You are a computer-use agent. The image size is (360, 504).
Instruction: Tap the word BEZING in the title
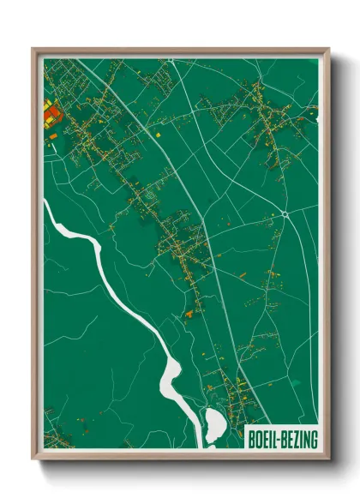point(300,440)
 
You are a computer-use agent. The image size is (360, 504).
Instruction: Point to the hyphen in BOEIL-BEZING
point(280,441)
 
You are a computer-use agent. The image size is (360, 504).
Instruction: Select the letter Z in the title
point(297,440)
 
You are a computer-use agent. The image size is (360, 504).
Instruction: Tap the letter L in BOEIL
point(276,440)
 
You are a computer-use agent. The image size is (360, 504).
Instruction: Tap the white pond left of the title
point(214,424)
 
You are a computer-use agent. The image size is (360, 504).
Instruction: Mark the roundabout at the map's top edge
point(171,60)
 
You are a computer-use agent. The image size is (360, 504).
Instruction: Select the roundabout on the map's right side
point(285,213)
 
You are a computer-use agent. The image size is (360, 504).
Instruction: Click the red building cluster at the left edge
point(48,115)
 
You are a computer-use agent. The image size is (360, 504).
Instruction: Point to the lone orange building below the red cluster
point(54,135)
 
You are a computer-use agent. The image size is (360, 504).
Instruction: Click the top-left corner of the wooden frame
point(33,49)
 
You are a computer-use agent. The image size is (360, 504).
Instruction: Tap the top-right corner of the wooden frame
point(328,49)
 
